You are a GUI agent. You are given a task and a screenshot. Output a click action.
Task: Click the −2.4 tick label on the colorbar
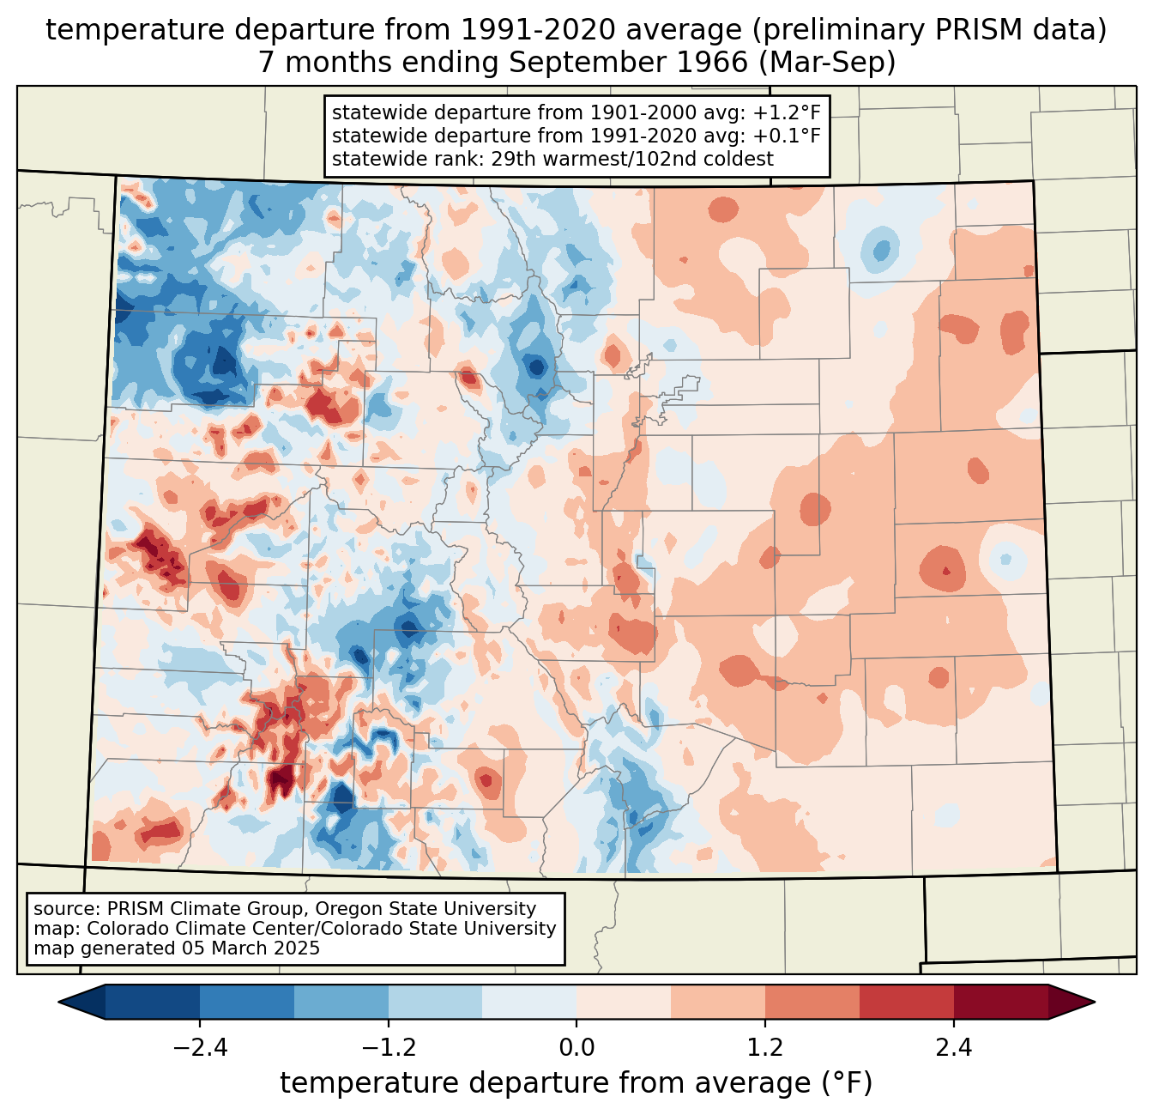[x=200, y=1048]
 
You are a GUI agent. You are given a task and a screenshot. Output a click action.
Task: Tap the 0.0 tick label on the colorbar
[x=576, y=1048]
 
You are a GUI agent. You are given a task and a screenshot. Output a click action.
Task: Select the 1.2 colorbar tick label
[x=765, y=1048]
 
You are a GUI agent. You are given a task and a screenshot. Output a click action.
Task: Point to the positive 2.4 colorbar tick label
[x=953, y=1048]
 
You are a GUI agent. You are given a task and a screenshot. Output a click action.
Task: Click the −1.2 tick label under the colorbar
[x=389, y=1048]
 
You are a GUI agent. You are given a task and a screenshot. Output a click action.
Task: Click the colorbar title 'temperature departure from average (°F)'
[x=576, y=1083]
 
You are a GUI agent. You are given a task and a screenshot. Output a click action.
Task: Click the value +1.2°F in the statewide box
[x=784, y=113]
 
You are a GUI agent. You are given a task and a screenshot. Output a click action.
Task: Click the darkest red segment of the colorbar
[x=1000, y=1002]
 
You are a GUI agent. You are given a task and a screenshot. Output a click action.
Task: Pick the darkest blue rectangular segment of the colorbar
[x=153, y=1002]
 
